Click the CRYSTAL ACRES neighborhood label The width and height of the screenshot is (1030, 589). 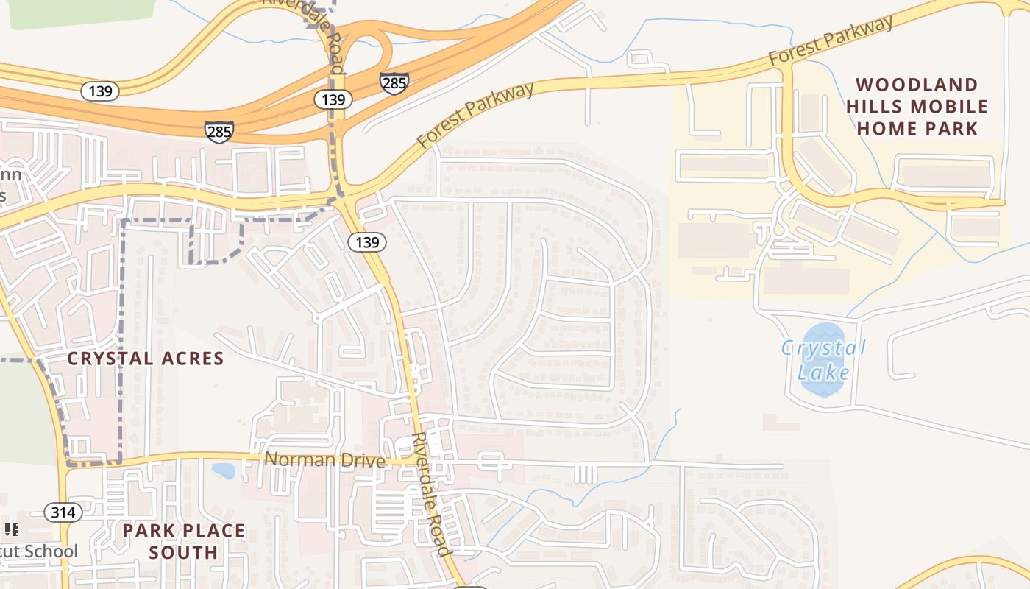pos(145,359)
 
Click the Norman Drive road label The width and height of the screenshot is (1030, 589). pos(324,460)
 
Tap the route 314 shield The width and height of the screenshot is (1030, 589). pos(63,512)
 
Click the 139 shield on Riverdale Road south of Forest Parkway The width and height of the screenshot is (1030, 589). pos(367,242)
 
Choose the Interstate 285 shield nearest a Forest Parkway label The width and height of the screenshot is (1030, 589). pos(394,82)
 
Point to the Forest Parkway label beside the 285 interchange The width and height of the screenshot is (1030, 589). pos(475,116)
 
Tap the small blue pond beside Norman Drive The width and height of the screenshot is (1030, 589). pos(222,470)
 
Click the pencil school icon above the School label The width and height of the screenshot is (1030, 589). pos(11,529)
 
